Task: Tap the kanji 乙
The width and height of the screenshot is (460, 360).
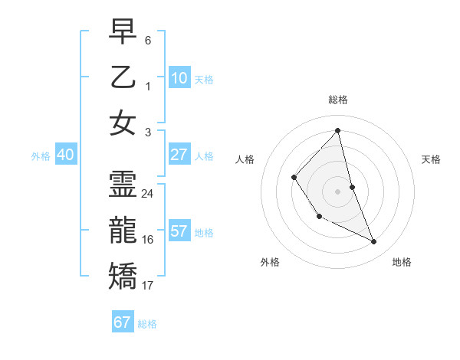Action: click(123, 78)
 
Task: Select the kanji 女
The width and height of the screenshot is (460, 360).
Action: click(123, 123)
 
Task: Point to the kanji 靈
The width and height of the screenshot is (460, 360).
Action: click(123, 185)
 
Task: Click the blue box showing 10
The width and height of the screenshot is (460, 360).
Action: click(179, 78)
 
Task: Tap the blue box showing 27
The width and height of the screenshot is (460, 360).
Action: click(179, 155)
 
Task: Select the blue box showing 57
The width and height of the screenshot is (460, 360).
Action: click(179, 231)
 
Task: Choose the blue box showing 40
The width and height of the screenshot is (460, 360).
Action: click(65, 155)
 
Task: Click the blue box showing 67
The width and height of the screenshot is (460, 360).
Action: click(122, 322)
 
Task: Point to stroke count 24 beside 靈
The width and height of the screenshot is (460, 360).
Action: click(148, 194)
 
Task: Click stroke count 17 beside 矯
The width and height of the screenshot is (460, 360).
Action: click(148, 286)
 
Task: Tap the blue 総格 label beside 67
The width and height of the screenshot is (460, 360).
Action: click(147, 324)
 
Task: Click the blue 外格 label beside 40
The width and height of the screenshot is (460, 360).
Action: click(41, 156)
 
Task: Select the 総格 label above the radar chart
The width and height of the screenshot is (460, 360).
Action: click(337, 100)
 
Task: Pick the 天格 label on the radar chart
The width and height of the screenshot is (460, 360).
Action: click(431, 159)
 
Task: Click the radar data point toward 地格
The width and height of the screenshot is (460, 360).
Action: click(374, 242)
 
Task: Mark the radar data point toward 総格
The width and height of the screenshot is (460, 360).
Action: click(337, 130)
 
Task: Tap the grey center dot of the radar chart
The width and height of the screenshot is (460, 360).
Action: click(337, 191)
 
